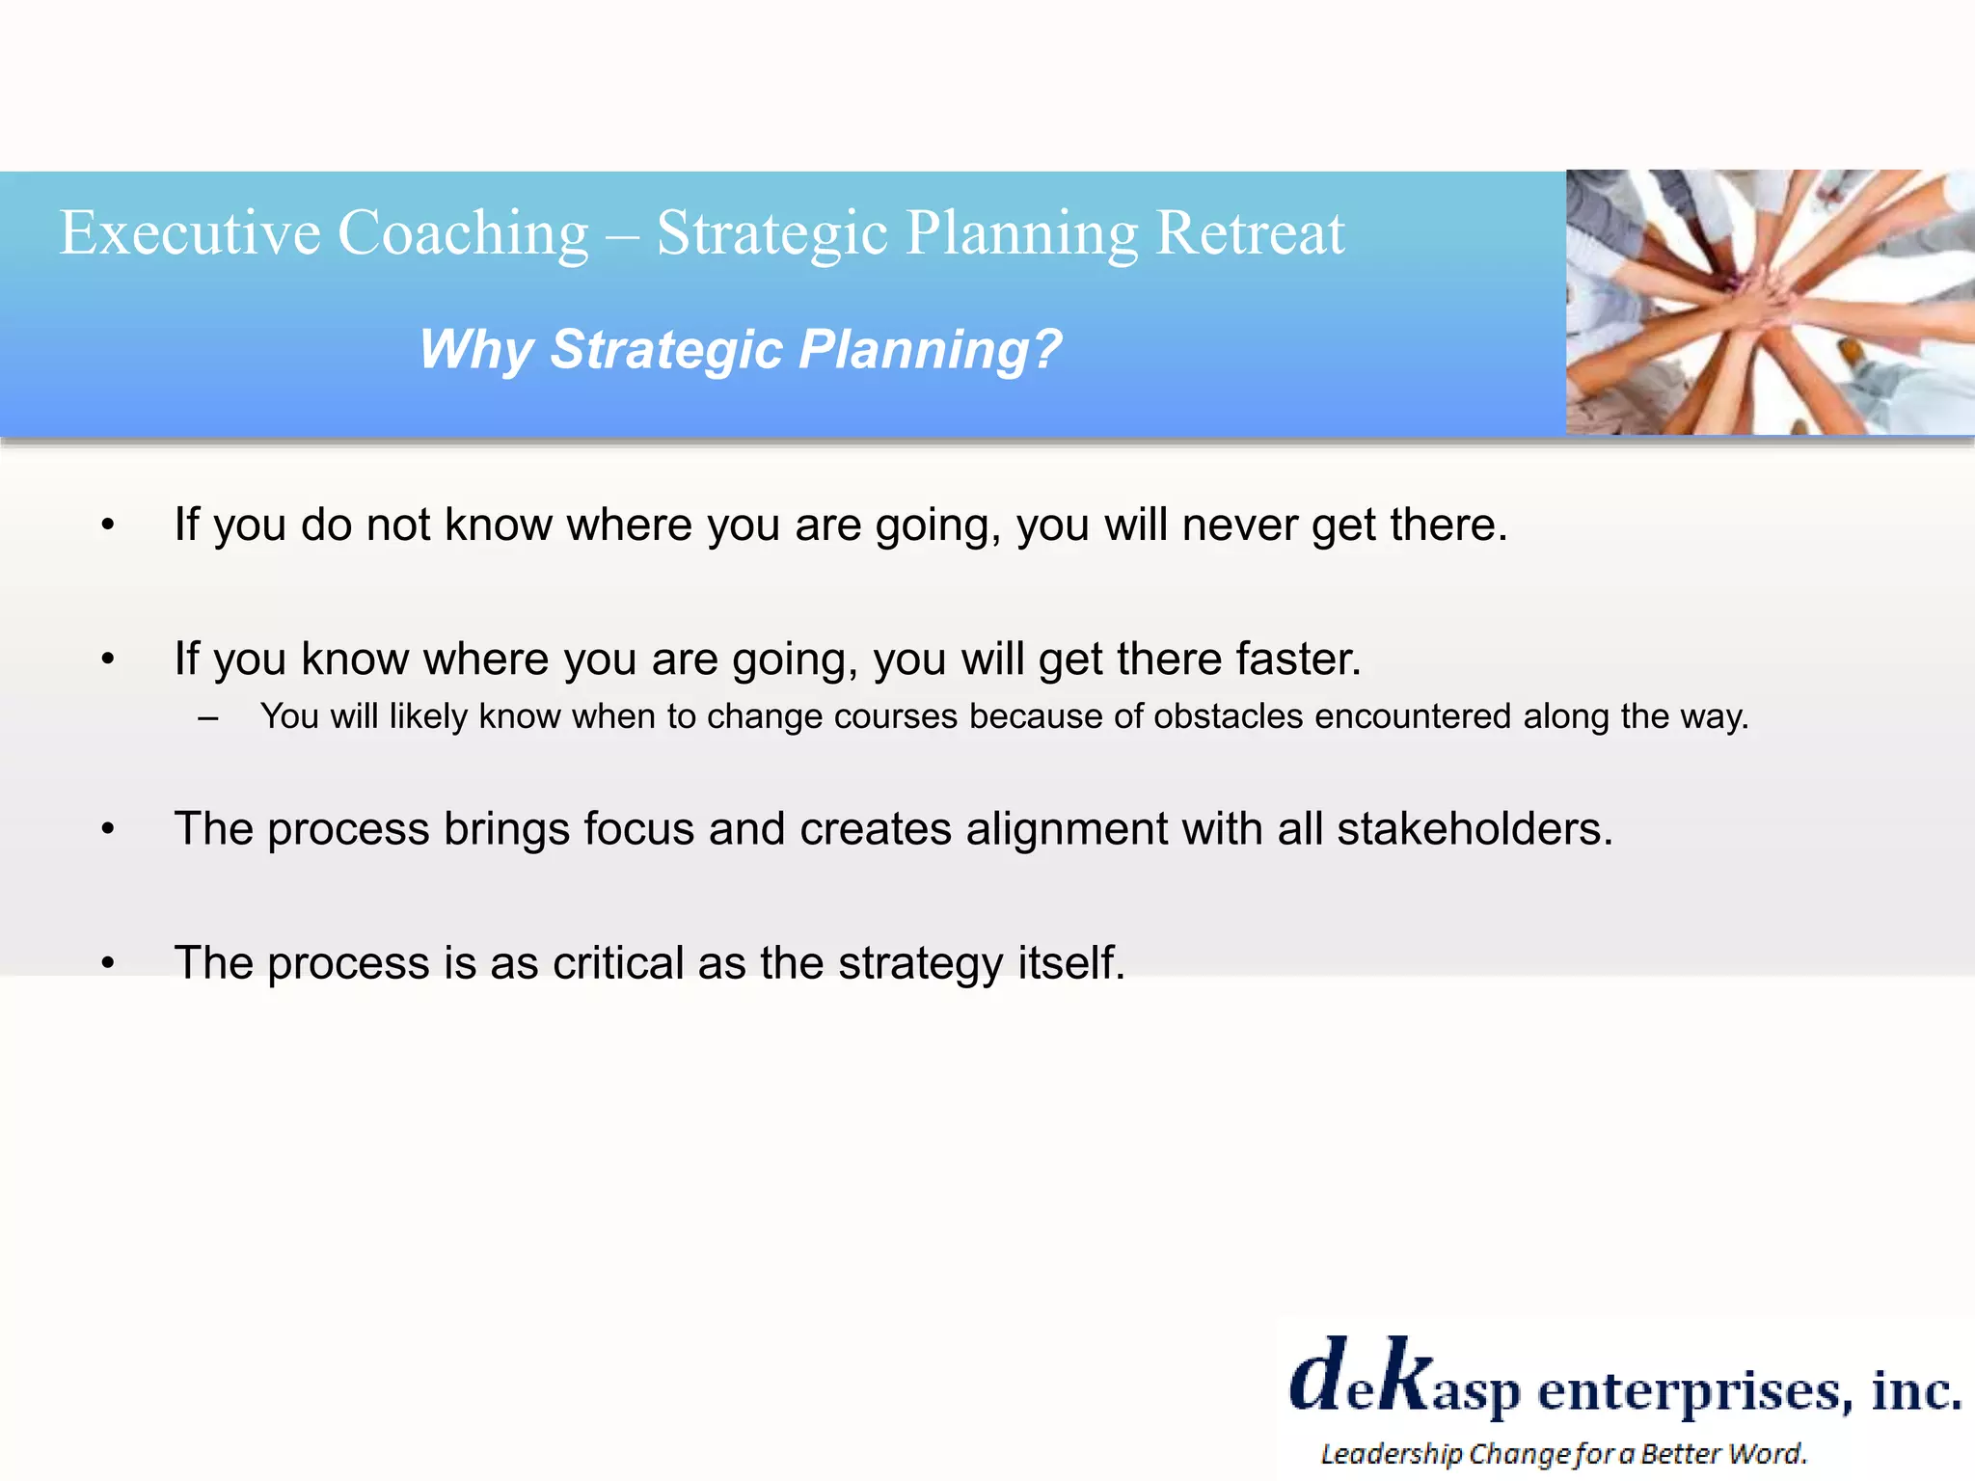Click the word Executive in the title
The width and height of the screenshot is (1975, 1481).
[190, 233]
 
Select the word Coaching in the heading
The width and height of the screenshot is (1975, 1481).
[463, 235]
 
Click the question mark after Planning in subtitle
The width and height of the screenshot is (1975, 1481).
[1045, 349]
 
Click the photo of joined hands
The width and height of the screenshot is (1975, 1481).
[1770, 302]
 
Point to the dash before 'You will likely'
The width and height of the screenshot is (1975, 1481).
[207, 717]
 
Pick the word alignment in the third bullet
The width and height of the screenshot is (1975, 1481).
[1066, 830]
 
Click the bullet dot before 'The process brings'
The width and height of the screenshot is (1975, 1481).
[108, 829]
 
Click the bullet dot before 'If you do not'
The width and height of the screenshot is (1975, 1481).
[108, 525]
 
